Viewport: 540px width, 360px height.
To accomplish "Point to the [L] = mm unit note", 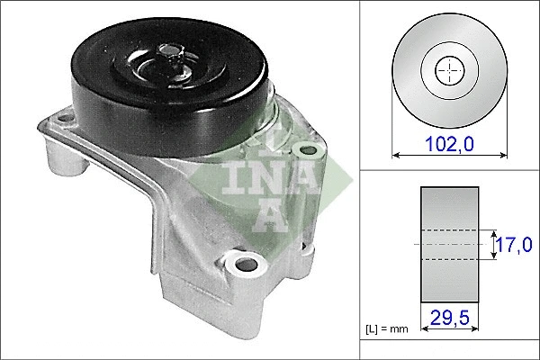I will (387, 330).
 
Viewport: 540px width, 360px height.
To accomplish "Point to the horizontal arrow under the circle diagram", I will (448, 156).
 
